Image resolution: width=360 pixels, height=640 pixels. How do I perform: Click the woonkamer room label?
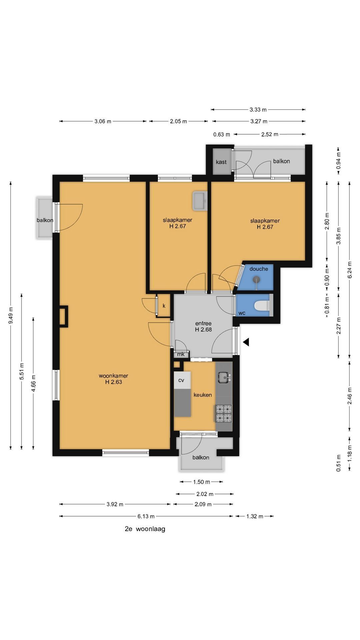click(x=113, y=379)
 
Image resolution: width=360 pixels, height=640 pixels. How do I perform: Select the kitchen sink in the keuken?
click(x=224, y=377)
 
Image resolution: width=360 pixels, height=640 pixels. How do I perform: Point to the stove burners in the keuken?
click(x=224, y=413)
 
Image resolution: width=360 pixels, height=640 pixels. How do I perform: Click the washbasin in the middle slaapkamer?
click(x=199, y=201)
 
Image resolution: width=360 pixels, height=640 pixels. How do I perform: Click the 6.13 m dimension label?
click(x=146, y=516)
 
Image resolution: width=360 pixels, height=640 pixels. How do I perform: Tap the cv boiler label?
click(x=181, y=380)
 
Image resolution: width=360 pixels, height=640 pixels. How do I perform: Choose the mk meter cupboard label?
click(x=181, y=354)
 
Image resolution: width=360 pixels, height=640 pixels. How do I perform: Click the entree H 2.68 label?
click(x=203, y=326)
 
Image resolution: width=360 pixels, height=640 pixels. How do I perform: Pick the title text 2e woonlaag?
click(x=145, y=529)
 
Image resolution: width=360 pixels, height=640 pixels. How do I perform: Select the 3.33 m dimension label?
click(x=258, y=109)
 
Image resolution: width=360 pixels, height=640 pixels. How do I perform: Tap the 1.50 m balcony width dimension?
click(x=202, y=482)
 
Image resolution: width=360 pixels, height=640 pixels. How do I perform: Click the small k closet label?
click(x=164, y=306)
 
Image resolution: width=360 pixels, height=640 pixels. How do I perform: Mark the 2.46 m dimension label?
click(x=350, y=396)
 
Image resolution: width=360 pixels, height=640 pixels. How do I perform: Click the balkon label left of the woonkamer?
click(x=45, y=220)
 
